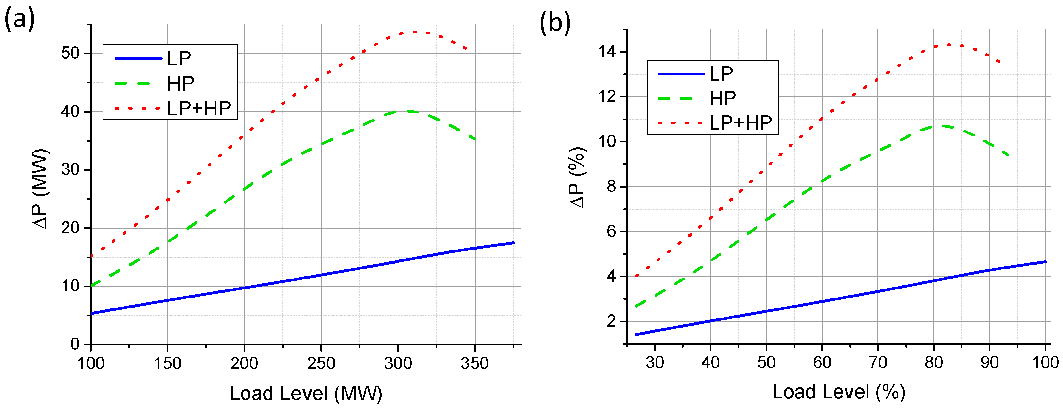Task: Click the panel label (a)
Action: [19, 19]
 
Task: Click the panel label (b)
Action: [555, 22]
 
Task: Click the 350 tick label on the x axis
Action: [475, 364]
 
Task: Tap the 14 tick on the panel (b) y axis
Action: [606, 52]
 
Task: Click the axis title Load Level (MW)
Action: [306, 393]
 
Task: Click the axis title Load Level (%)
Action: [838, 392]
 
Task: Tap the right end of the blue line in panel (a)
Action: [513, 243]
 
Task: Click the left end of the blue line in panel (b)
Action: [636, 334]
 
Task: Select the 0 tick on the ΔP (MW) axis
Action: [75, 344]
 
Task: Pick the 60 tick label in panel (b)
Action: [822, 363]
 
